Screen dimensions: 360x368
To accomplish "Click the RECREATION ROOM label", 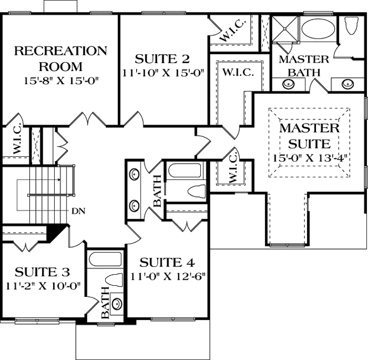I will click(61, 59).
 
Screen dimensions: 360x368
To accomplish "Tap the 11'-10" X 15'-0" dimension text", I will click(163, 73).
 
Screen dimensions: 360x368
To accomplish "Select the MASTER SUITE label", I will click(309, 136).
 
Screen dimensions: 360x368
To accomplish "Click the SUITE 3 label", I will click(42, 272).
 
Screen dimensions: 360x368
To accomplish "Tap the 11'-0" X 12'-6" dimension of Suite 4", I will click(168, 276).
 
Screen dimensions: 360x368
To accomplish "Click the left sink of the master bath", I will click(288, 84).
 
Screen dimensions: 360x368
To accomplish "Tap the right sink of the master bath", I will click(348, 84).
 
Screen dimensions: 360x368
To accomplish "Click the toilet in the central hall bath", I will click(193, 192).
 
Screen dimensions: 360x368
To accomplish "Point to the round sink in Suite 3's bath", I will click(116, 303).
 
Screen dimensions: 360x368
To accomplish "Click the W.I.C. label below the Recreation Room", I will click(14, 145).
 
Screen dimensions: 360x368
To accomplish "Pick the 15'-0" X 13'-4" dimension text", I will click(309, 157).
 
